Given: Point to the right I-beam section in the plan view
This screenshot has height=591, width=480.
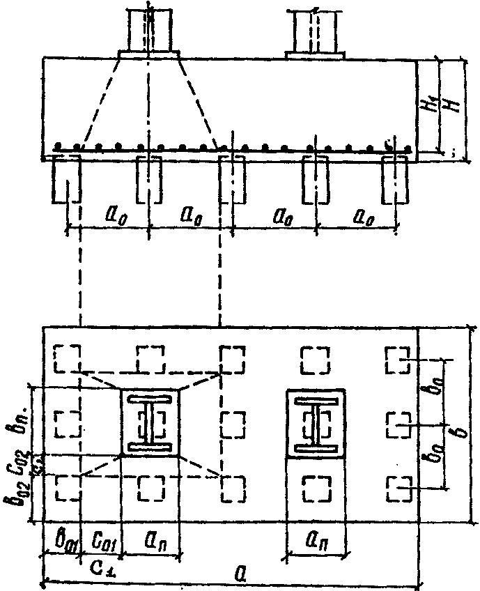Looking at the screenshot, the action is tap(316, 422).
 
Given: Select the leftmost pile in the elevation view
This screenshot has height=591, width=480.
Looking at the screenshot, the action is tap(67, 179).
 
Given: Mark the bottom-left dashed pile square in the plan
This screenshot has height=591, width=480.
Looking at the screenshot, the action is tap(68, 487).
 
